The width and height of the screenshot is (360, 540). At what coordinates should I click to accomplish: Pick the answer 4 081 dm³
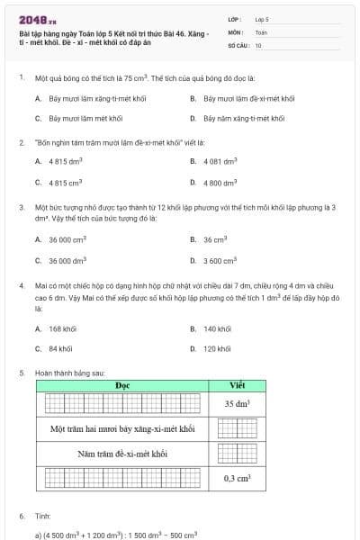[x=220, y=161]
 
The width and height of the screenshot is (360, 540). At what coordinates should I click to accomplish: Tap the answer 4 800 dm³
[x=220, y=183]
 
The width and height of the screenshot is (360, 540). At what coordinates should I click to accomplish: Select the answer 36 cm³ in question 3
[x=214, y=240]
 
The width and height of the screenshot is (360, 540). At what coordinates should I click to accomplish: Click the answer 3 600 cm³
[x=219, y=261]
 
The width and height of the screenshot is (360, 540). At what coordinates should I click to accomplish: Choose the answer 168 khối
[x=62, y=328]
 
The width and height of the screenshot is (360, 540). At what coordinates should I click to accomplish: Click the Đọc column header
[x=123, y=386]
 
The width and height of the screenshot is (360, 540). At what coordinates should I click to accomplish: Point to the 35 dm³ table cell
[x=237, y=404]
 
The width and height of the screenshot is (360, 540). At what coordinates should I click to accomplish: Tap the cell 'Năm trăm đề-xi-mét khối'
[x=122, y=454]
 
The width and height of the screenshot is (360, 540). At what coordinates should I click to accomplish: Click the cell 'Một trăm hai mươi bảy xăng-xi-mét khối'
[x=122, y=429]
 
